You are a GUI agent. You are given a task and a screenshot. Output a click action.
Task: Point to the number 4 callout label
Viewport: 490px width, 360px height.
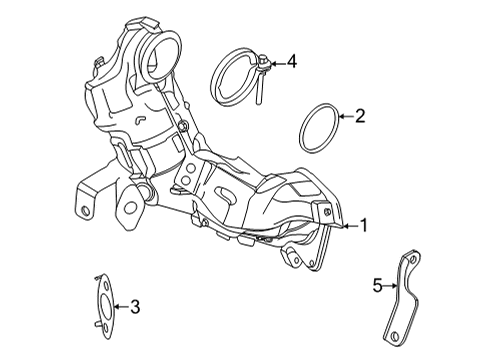click(x=291, y=62)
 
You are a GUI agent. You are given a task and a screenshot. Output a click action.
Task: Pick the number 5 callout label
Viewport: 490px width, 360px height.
click(x=378, y=286)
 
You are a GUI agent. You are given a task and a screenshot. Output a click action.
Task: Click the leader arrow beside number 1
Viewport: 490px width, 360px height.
click(x=346, y=227)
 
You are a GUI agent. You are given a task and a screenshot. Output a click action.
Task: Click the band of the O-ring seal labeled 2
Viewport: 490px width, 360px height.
click(x=304, y=124)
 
